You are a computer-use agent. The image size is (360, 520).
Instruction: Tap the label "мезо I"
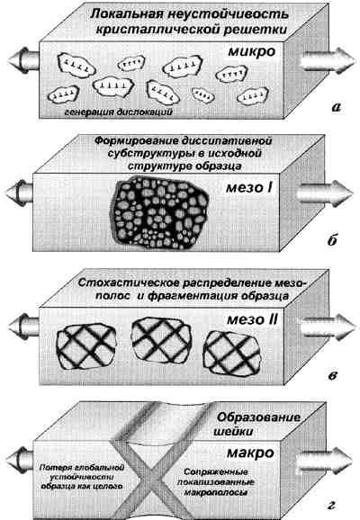pos(249,188)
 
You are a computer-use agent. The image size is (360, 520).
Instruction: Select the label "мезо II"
pos(253,320)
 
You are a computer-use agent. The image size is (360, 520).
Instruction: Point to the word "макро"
pos(250,453)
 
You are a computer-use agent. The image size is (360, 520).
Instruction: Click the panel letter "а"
pos(336,107)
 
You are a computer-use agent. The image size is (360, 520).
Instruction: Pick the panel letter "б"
pos(332,240)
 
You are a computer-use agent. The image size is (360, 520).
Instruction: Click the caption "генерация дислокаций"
pos(119,112)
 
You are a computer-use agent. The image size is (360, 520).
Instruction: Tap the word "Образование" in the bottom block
pos(258,417)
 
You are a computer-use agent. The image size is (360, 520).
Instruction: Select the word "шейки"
pos(233,432)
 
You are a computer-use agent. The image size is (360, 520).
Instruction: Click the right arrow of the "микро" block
pos(326,61)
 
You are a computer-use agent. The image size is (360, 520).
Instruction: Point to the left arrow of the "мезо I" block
pos(19,193)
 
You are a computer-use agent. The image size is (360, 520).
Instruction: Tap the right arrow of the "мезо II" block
pos(328,327)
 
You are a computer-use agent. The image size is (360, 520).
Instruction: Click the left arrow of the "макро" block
pos(20,461)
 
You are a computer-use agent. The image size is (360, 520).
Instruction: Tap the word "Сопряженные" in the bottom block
pos(216,471)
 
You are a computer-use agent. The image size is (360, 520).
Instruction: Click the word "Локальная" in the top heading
pos(126,14)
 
